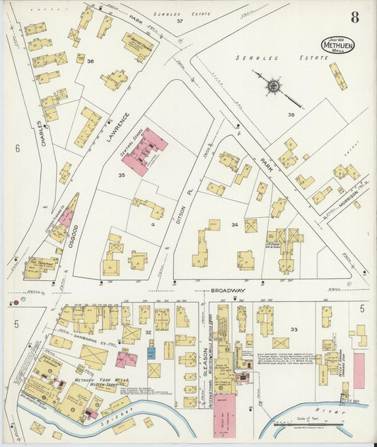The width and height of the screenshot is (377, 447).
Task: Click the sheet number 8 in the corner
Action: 353,18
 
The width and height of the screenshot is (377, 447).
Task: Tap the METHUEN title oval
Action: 338,45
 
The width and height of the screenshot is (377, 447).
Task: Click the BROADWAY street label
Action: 227,290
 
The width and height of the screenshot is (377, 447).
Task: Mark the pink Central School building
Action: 145,151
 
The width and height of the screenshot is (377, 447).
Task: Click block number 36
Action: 90,62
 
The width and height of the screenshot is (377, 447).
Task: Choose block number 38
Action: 290,115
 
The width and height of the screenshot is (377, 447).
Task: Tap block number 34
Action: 234,225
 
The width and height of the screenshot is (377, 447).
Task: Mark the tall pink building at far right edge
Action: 359,371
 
